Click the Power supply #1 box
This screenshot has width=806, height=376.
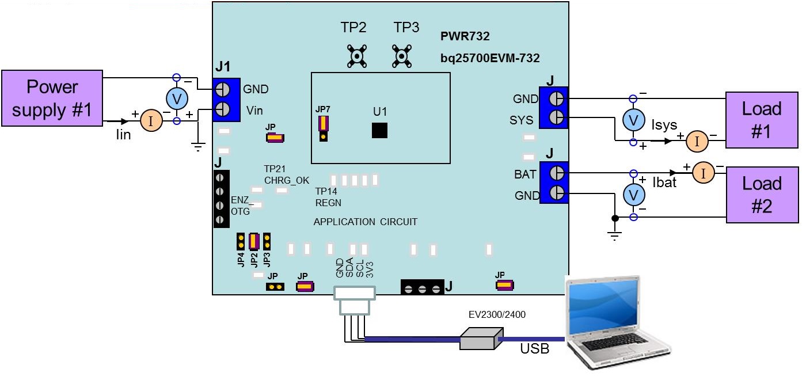(52, 98)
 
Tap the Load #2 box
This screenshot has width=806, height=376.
(762, 195)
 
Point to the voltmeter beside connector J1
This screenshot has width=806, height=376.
(177, 99)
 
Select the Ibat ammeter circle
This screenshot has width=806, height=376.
(702, 173)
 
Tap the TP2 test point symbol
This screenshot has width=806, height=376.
(358, 56)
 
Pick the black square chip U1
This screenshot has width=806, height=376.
(379, 130)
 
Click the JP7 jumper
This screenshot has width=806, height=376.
(324, 127)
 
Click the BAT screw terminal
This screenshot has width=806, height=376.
(556, 173)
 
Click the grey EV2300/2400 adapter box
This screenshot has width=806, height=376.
(481, 339)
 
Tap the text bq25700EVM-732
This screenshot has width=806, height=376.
(489, 58)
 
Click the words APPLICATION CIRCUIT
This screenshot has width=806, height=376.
(365, 222)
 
